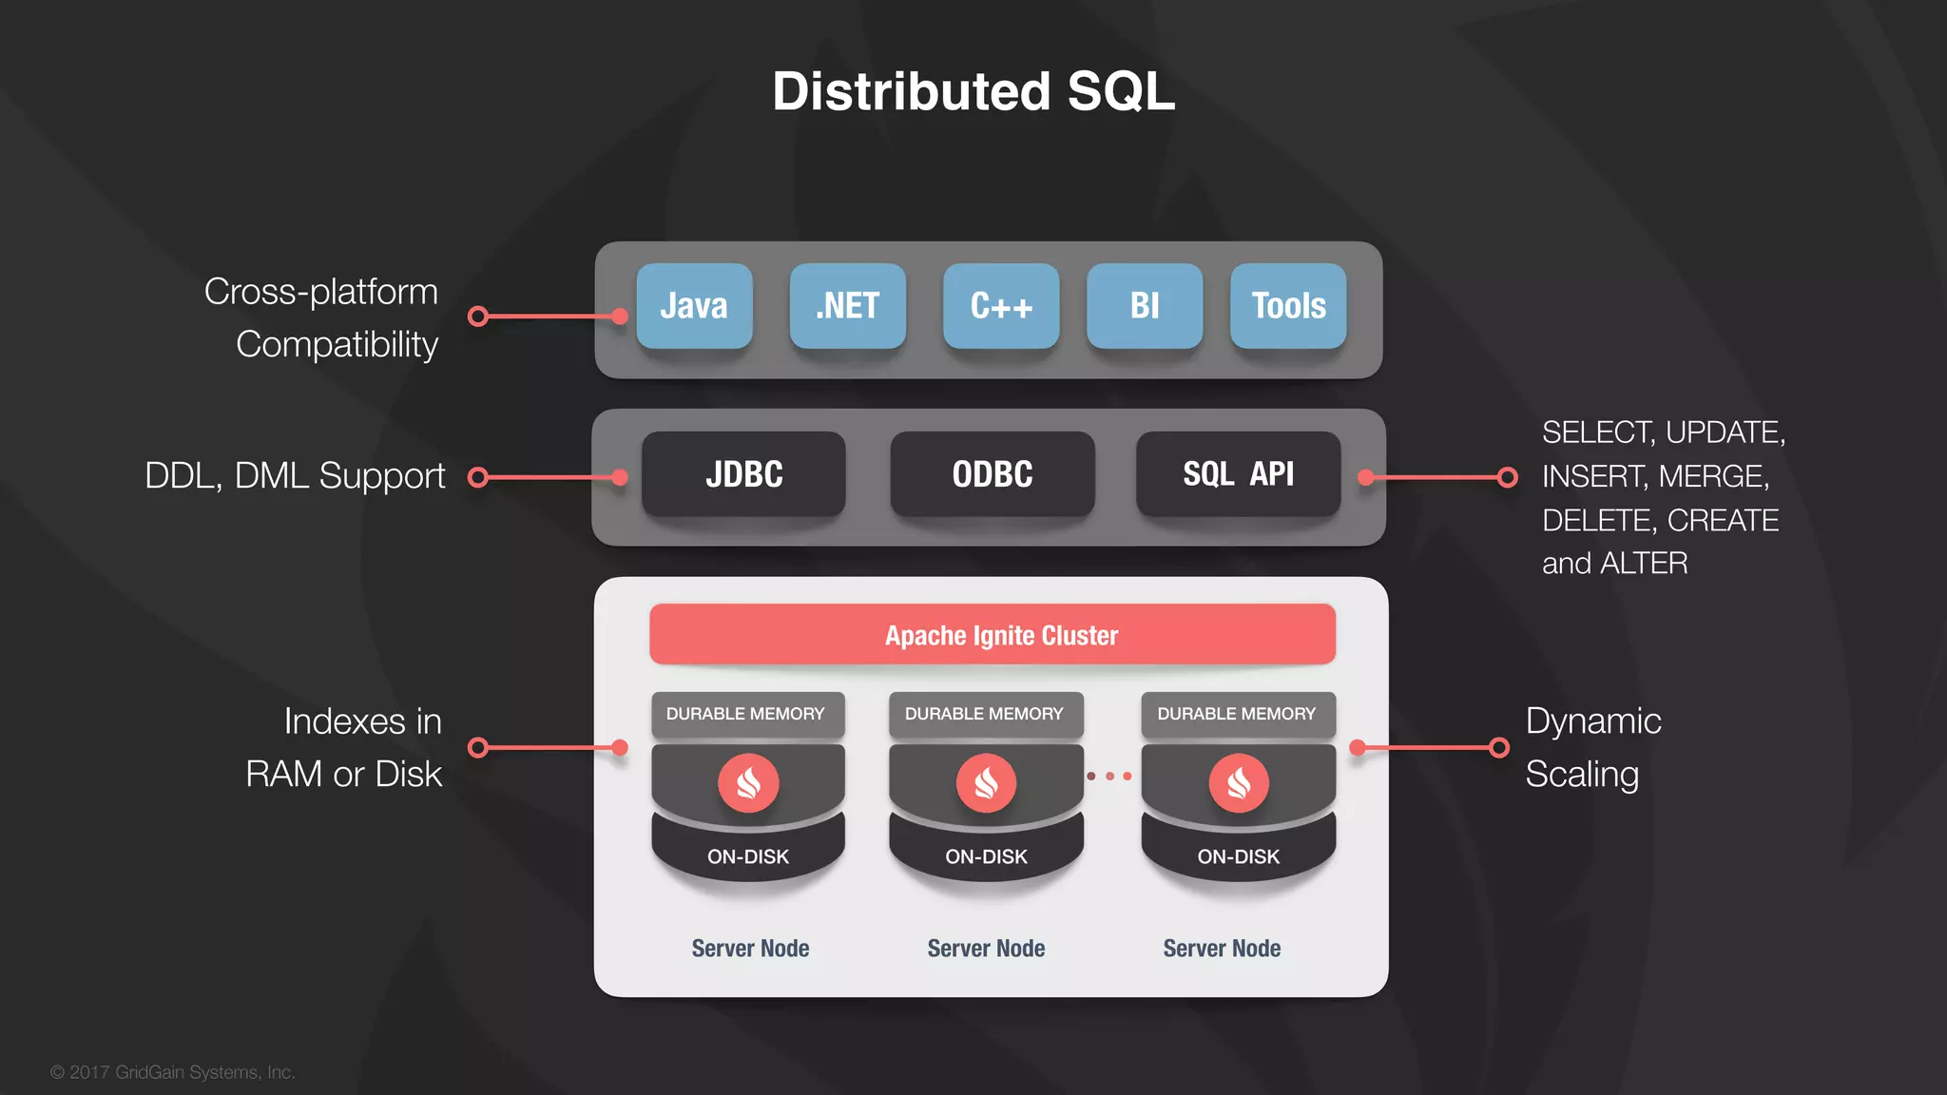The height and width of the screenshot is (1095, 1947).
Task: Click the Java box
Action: point(694,306)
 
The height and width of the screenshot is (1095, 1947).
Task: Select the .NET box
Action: point(847,306)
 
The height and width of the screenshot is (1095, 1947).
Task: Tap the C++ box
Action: point(1001,306)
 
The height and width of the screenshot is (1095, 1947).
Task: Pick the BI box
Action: point(1145,306)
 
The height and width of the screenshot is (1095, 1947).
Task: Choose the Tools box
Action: point(1288,306)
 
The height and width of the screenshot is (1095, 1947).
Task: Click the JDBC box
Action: point(743,474)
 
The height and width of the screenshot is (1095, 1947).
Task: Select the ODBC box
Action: point(992,474)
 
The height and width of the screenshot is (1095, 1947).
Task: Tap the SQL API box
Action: point(1238,474)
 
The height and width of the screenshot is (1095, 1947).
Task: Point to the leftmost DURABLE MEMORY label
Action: point(745,714)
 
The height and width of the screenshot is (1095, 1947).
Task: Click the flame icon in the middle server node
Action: point(986,783)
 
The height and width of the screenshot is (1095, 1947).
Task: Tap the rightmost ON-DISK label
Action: point(1238,856)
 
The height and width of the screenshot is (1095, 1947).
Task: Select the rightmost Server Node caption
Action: point(1222,949)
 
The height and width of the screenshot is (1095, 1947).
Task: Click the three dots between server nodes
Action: point(1109,777)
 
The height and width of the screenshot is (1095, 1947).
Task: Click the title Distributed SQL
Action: point(973,91)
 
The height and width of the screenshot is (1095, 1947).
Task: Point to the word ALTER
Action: point(1644,564)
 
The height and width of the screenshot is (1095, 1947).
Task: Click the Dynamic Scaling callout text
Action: point(1592,747)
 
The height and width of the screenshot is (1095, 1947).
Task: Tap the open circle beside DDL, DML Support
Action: point(479,477)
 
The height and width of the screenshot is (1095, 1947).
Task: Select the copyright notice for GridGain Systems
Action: point(173,1072)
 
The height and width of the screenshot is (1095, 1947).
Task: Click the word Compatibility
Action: point(337,344)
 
